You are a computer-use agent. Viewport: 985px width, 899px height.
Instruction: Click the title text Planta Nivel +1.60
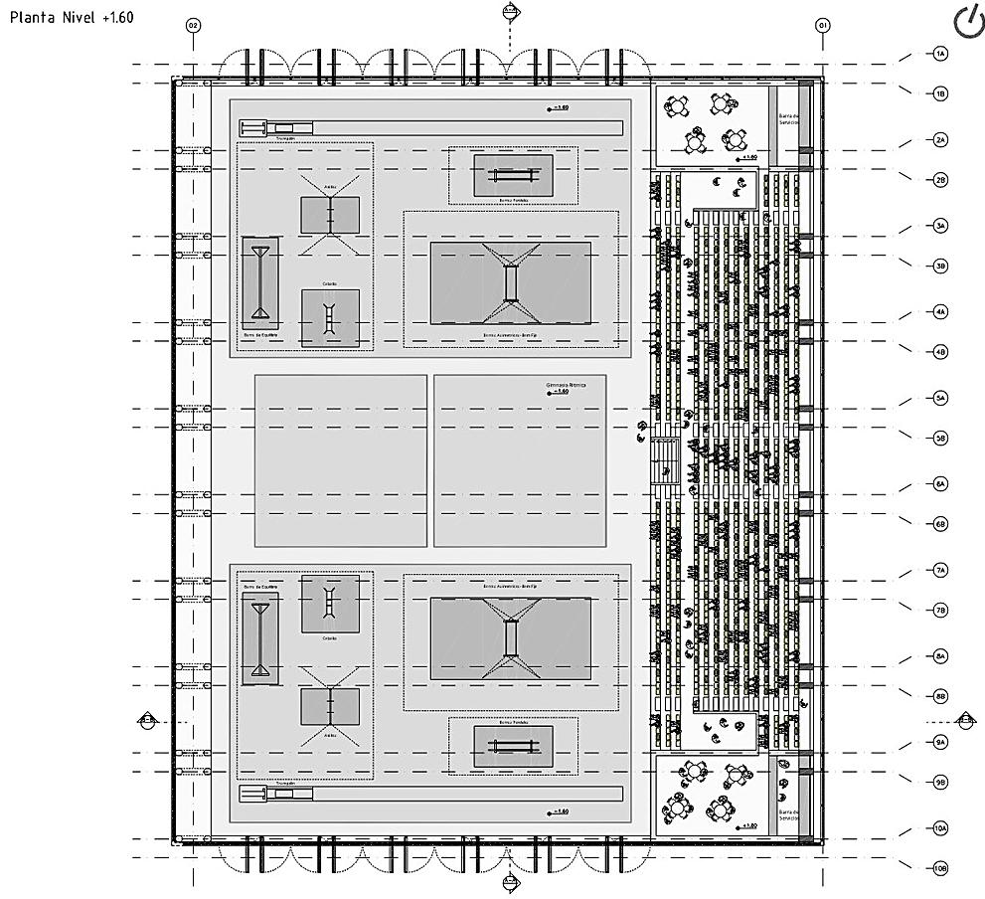click(x=69, y=18)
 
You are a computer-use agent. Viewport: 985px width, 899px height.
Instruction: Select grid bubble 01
click(x=822, y=25)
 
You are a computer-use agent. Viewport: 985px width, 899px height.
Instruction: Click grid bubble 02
click(x=193, y=25)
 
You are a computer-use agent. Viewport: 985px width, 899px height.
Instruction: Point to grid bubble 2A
click(x=940, y=140)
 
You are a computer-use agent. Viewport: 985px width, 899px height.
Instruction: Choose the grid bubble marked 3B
click(x=940, y=266)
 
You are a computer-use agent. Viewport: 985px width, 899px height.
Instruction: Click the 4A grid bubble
click(x=940, y=311)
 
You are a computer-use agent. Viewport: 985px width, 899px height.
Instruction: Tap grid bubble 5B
click(x=940, y=438)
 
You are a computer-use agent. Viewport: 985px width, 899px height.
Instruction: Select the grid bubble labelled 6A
click(x=940, y=483)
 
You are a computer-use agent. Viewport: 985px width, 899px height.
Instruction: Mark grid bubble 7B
click(x=940, y=610)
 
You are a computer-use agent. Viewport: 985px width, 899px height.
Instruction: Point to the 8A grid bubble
click(x=940, y=656)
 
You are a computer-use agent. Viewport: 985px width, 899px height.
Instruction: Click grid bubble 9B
click(x=940, y=782)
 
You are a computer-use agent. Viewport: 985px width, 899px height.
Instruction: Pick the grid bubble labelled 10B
click(x=940, y=868)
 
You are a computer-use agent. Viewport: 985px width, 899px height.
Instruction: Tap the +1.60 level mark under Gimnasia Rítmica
click(x=560, y=393)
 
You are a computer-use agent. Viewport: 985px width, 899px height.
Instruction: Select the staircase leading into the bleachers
click(x=664, y=460)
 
